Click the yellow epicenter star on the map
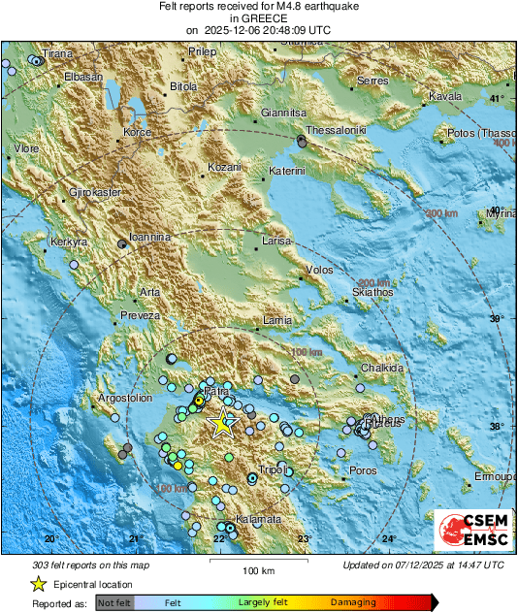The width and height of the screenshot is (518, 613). pos(223,422)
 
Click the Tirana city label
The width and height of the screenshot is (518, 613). pos(57,53)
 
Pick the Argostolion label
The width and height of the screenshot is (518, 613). pos(127,398)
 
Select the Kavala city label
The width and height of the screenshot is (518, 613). pos(444,96)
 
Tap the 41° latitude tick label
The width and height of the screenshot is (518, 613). pos(498,99)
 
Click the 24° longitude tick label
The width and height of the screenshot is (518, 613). pos(388,539)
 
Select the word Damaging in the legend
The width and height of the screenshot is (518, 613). pos(353,602)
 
